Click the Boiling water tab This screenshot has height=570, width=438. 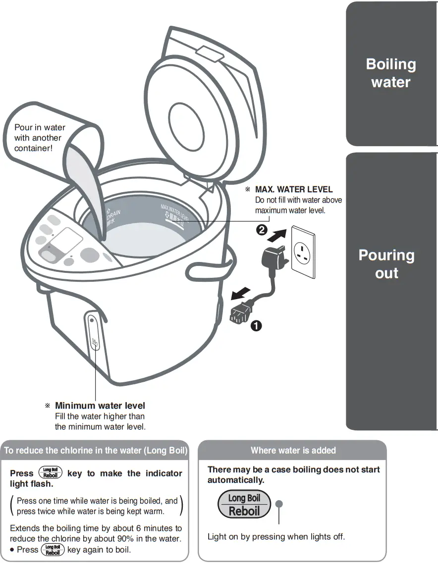point(391,73)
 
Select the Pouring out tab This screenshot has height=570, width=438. point(386,264)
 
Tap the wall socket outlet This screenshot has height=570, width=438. point(303,253)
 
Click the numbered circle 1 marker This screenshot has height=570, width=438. point(256,326)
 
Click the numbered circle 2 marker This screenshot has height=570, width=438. point(262,230)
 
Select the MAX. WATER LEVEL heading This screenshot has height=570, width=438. point(293,190)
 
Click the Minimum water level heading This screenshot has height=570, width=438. point(100,406)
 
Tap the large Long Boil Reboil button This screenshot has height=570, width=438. point(244,505)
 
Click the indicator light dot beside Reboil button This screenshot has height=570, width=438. point(279,504)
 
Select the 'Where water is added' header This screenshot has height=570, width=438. point(293,451)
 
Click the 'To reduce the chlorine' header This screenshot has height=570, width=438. point(96,451)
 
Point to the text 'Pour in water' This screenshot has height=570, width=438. point(40,128)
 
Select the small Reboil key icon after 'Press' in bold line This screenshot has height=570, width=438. point(51,473)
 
